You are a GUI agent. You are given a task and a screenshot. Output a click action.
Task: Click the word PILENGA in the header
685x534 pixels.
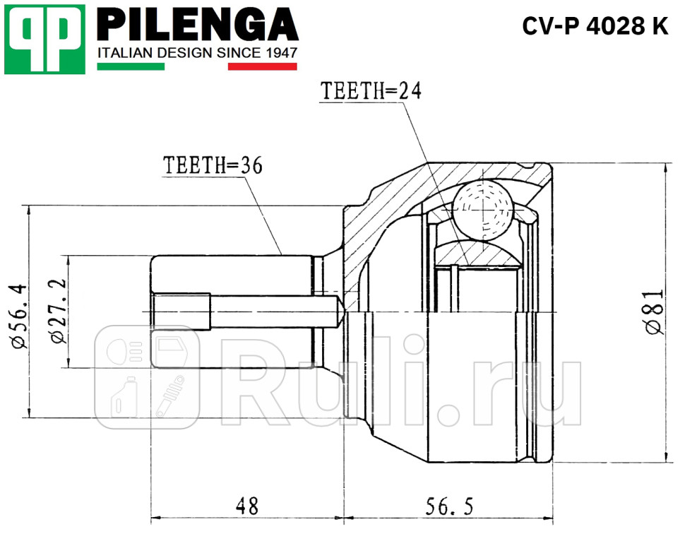pyautogui.click(x=197, y=26)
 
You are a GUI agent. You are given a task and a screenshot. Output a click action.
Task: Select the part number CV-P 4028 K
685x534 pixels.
pyautogui.click(x=595, y=26)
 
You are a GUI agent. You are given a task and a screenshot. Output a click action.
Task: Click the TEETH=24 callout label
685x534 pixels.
pyautogui.click(x=371, y=91)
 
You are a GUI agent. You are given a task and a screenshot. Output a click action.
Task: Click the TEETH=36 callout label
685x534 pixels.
pyautogui.click(x=213, y=165)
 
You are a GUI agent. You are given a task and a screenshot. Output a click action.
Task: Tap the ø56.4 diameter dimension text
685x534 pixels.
pyautogui.click(x=18, y=314)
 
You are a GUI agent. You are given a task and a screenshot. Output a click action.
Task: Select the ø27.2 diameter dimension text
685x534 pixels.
pyautogui.click(x=58, y=311)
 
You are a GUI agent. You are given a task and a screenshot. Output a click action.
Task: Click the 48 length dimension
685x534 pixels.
pyautogui.click(x=246, y=506)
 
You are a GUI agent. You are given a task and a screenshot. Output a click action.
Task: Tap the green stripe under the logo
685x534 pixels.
pyautogui.click(x=130, y=66)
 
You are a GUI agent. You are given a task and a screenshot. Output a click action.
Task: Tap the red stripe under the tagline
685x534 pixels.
pyautogui.click(x=262, y=66)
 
